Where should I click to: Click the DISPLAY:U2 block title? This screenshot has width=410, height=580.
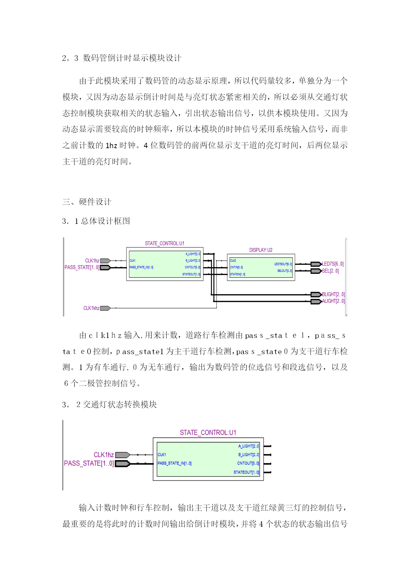click(x=261, y=250)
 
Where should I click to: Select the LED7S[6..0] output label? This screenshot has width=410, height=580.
click(x=333, y=264)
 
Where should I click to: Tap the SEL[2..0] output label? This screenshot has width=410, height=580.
click(x=330, y=271)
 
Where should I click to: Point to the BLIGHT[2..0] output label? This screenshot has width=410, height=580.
click(x=333, y=294)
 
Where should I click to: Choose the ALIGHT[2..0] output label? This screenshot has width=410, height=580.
click(x=333, y=301)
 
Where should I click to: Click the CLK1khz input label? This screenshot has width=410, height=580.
click(x=91, y=308)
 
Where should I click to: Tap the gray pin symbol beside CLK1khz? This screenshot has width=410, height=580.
click(x=105, y=308)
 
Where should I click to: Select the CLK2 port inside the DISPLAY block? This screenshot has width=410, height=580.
click(x=233, y=261)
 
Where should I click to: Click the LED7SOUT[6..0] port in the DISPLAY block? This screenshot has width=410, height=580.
click(x=283, y=264)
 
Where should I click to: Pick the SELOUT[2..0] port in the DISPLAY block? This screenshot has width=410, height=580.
click(x=284, y=271)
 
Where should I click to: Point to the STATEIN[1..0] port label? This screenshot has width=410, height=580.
click(x=238, y=274)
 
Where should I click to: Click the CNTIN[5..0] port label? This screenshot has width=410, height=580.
click(x=236, y=267)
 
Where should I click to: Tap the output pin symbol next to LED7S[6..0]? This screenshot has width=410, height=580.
click(x=316, y=264)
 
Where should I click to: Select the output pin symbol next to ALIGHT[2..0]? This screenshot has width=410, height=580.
click(x=316, y=301)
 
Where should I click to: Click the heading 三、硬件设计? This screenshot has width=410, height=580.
click(x=87, y=202)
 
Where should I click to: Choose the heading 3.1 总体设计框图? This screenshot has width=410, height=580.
click(x=96, y=221)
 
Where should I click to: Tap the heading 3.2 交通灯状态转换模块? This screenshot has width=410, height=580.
click(x=109, y=404)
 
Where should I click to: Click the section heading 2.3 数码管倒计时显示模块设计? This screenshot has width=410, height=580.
click(x=122, y=58)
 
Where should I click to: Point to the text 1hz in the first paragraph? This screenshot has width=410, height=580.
click(x=111, y=145)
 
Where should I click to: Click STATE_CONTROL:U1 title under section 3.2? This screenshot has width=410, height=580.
click(x=208, y=433)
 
